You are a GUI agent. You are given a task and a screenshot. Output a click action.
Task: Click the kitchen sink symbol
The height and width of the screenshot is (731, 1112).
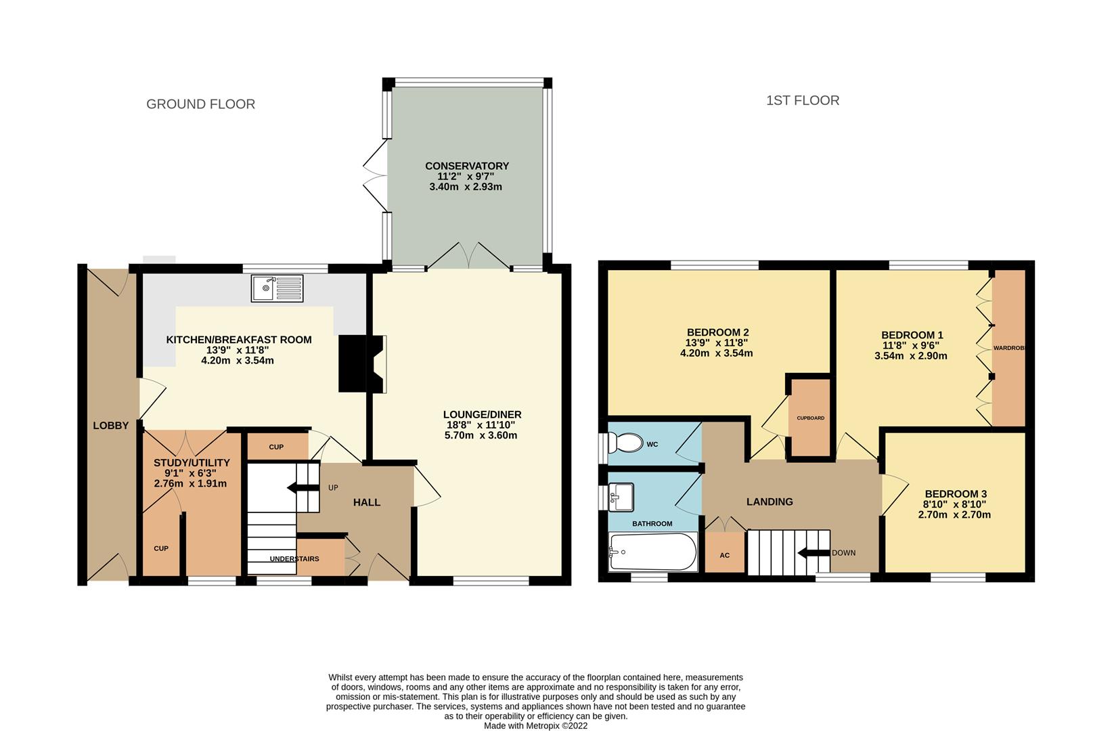point(277,288)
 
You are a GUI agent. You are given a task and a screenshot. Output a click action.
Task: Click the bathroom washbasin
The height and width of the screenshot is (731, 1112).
point(621,496)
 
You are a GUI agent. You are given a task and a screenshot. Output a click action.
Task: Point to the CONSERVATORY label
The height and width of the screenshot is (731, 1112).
point(466,166)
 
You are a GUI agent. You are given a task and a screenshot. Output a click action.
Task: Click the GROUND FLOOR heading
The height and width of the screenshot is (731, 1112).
point(201,104)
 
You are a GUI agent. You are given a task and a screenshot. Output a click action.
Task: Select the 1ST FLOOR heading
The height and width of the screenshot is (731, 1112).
point(803,101)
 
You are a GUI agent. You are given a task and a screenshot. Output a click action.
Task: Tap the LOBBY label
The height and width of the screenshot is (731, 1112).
point(111,425)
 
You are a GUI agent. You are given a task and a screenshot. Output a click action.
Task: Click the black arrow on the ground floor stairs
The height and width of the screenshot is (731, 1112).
point(295,487)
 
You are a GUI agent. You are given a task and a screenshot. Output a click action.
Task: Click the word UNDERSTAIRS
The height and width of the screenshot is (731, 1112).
point(294,558)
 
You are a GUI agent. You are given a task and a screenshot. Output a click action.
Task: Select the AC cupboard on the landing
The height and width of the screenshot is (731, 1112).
point(724,555)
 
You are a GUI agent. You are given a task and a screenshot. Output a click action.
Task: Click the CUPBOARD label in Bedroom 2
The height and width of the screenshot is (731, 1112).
point(810,418)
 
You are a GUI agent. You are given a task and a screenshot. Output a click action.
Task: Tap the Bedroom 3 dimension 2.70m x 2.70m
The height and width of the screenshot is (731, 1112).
point(954,514)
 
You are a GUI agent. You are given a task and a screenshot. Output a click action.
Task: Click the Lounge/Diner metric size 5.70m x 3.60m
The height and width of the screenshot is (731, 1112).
point(482,435)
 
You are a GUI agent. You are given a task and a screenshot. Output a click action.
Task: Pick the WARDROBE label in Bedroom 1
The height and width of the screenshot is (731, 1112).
point(1008,348)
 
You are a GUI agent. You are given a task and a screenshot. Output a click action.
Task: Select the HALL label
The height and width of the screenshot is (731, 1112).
point(367,502)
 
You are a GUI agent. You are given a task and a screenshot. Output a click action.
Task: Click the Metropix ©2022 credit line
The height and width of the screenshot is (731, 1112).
point(535,725)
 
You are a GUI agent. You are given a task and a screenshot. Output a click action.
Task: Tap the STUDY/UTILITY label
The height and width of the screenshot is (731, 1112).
point(192,463)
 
